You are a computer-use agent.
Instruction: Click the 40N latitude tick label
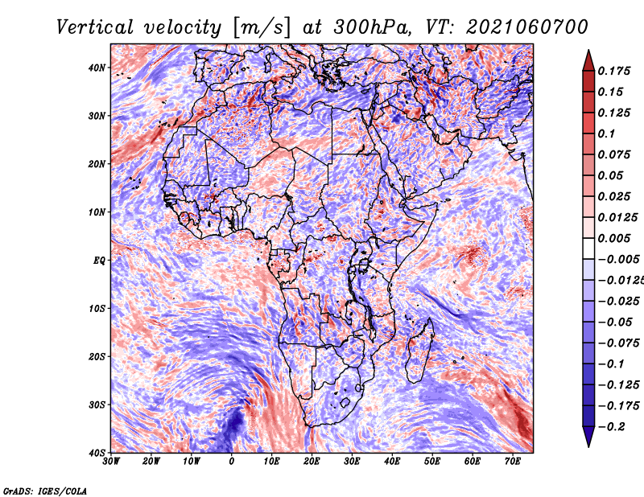pos(97,68)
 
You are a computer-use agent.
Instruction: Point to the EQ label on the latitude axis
pos(99,261)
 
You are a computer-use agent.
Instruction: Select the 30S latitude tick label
pos(97,405)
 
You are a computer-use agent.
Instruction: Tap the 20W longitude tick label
pos(151,462)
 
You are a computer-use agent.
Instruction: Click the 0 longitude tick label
pos(232,462)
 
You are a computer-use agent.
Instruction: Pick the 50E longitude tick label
pos(432,462)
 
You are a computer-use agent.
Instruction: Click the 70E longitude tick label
pos(513,462)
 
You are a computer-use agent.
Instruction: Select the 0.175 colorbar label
pos(613,71)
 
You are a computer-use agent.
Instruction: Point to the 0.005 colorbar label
pos(613,238)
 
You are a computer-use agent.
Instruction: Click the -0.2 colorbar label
pos(611,426)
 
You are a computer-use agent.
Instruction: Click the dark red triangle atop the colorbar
pos(588,60)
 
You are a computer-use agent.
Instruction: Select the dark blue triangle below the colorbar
pos(588,437)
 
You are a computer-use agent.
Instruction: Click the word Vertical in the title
pos(94,27)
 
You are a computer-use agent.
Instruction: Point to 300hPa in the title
pos(372,27)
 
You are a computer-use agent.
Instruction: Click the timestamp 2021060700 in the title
pos(527,27)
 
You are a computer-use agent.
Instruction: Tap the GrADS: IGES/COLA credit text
pos(45,491)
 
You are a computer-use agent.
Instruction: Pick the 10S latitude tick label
pos(97,309)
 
